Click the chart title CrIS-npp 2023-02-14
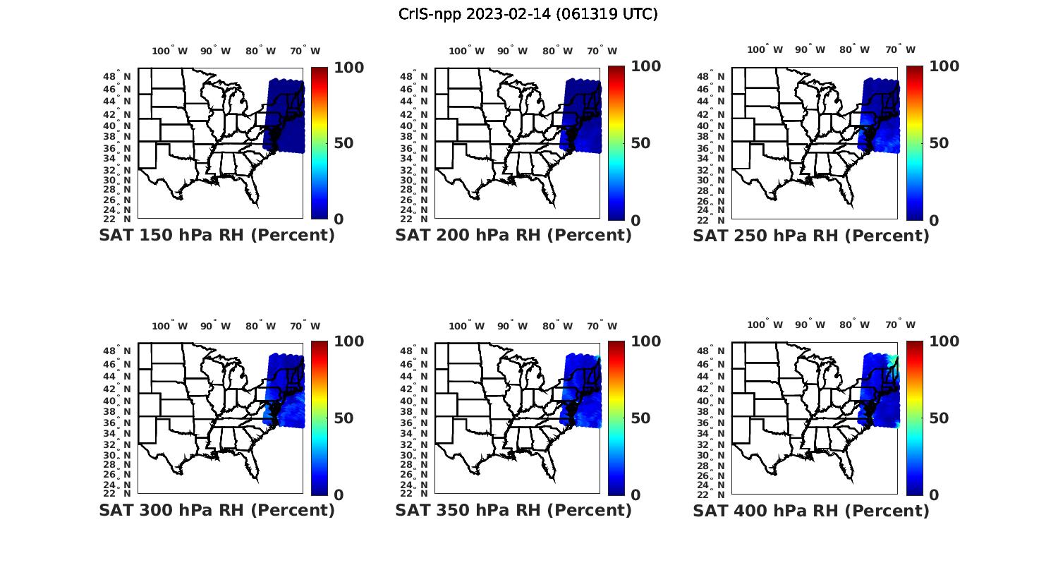[x=528, y=14]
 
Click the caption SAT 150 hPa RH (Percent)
[x=217, y=236]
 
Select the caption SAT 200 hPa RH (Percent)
[x=513, y=236]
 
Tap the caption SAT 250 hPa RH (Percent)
[x=811, y=236]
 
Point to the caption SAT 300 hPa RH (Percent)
[x=217, y=510]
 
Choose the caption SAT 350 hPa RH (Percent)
[x=513, y=510]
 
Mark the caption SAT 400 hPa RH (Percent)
[x=811, y=510]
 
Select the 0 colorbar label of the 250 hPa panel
[x=934, y=220]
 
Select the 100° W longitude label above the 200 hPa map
[x=466, y=51]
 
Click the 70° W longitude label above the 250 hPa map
[x=901, y=49]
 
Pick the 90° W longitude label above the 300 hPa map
[x=215, y=326]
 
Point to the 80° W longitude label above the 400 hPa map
[x=854, y=325]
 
